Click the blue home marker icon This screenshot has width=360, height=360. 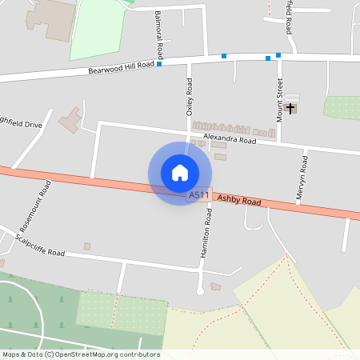click(180, 173)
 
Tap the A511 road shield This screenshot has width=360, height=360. click(198, 195)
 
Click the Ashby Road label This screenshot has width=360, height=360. click(239, 200)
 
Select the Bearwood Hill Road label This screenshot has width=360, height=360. click(121, 69)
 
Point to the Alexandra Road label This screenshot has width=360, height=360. click(230, 139)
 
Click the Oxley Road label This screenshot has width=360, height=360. click(190, 97)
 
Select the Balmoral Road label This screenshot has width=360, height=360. click(159, 35)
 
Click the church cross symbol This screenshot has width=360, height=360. click(290, 107)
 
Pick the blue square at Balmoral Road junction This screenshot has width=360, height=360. click(159, 64)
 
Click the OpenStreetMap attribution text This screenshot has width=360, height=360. click(80, 354)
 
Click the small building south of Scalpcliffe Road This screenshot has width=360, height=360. click(87, 246)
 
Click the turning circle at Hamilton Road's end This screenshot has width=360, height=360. click(201, 291)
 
